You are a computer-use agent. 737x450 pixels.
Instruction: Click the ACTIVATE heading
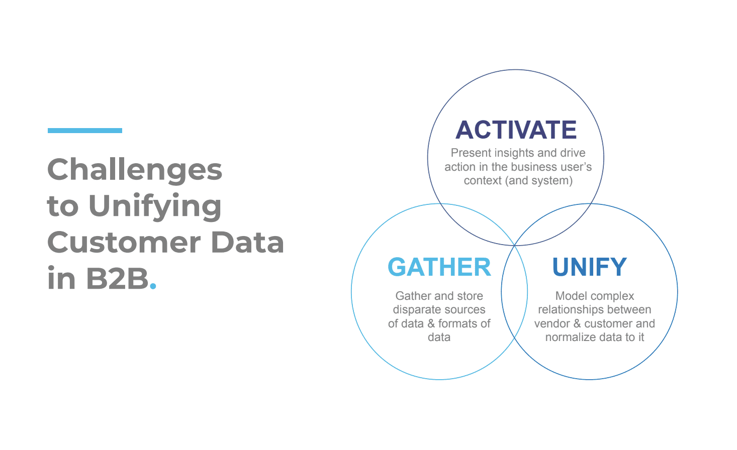[x=516, y=130]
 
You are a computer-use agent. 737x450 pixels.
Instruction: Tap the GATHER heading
[x=439, y=267]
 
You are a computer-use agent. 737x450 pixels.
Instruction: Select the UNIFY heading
[x=589, y=267]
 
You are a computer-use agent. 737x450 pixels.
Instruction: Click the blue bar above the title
[x=85, y=131]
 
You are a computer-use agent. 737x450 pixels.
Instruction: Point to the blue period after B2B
[x=153, y=286]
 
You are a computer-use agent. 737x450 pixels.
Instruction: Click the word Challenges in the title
[x=135, y=170]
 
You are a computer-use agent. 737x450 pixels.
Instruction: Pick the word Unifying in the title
[x=155, y=207]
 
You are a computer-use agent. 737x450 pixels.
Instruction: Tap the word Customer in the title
[x=124, y=242]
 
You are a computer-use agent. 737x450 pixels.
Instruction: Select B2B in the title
[x=118, y=279]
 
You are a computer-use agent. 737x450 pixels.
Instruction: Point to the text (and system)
[x=539, y=180]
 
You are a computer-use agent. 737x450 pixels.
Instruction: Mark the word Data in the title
[x=247, y=242]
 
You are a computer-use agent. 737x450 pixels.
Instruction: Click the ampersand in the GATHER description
[x=431, y=323]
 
